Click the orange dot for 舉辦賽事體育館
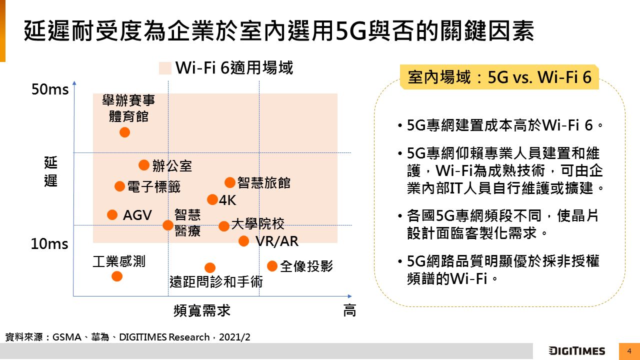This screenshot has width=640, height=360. click(124, 132)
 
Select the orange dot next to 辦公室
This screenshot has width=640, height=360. click(143, 165)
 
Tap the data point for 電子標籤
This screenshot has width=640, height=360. click(119, 186)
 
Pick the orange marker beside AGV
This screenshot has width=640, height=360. click(112, 215)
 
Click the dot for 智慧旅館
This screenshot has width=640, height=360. click(230, 182)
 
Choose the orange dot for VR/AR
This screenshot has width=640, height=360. click(243, 241)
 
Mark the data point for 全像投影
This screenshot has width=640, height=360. click(272, 266)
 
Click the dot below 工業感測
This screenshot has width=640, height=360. click(116, 276)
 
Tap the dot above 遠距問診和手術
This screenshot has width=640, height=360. click(210, 268)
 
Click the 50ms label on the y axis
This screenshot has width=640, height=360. click(50, 90)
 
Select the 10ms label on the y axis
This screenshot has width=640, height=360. click(49, 244)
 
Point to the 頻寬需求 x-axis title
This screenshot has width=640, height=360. click(202, 310)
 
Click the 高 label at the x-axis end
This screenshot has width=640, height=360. click(349, 310)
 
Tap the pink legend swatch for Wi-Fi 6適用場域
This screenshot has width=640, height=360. click(165, 68)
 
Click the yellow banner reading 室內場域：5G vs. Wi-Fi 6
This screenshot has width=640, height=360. click(499, 77)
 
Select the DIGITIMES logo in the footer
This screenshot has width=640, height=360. click(576, 351)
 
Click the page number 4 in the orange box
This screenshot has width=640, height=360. click(629, 351)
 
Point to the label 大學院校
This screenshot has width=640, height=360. click(258, 223)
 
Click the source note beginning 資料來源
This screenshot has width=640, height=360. click(127, 337)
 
